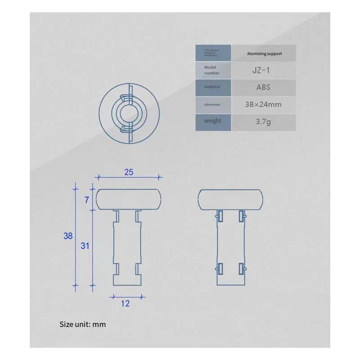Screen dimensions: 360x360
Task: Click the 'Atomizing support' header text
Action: [x=265, y=54]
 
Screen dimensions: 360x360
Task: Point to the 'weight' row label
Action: [x=212, y=121]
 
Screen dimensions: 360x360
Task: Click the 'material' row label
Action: [x=211, y=87]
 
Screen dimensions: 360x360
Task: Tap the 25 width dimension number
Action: [x=129, y=172]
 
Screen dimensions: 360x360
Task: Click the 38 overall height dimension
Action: [x=68, y=235]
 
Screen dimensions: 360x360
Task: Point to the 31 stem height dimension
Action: [x=85, y=246]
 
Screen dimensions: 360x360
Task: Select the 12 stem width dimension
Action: [x=125, y=304]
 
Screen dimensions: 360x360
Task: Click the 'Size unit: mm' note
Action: [x=83, y=324]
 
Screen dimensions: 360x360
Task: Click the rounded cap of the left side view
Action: [x=129, y=199]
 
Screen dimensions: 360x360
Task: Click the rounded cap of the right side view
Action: [x=231, y=199]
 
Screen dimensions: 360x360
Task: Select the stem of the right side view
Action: [x=231, y=247]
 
